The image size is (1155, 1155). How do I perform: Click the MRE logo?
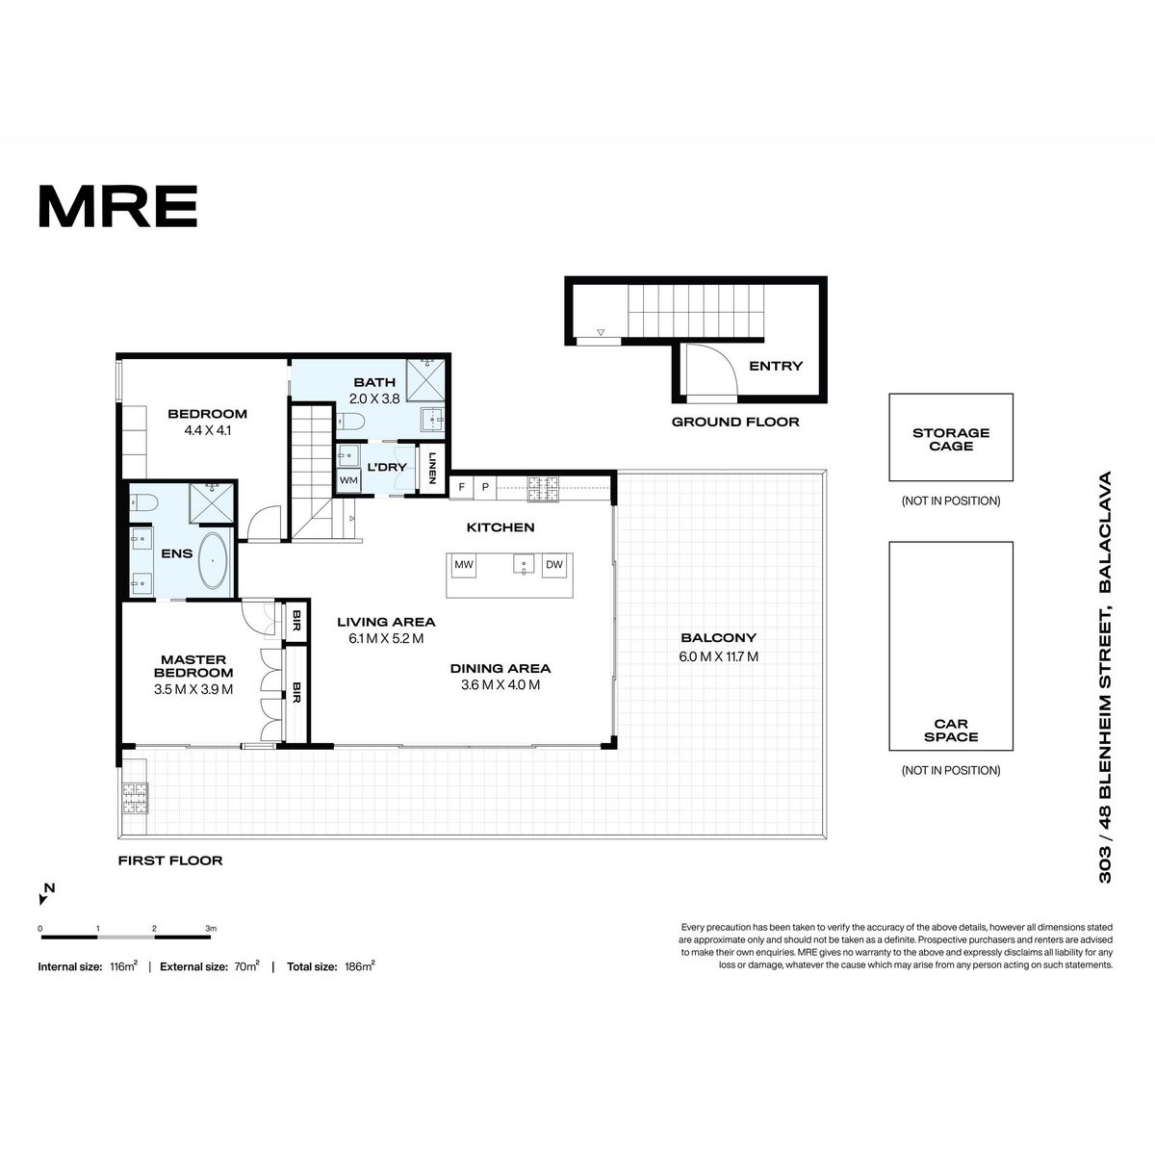click(117, 206)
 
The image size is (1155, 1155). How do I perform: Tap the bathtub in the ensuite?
click(213, 560)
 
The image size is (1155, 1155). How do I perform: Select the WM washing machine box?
click(348, 480)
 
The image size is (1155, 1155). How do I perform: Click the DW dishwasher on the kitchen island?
click(554, 565)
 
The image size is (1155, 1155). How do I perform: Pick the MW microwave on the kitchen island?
click(464, 565)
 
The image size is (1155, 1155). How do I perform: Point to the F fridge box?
click(462, 487)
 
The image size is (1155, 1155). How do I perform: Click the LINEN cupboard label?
click(431, 468)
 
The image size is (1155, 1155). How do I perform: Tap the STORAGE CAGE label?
click(951, 439)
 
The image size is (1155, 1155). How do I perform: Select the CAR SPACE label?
click(951, 731)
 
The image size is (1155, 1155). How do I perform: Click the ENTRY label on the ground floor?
click(776, 366)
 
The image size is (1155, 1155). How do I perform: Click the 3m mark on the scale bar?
click(211, 929)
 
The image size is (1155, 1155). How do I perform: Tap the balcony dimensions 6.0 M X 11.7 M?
click(718, 656)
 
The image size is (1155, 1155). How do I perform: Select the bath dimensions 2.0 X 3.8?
click(374, 398)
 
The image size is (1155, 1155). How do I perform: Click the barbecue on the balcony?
click(136, 798)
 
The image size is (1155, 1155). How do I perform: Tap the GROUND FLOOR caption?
click(735, 422)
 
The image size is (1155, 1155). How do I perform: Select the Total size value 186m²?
click(360, 966)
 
